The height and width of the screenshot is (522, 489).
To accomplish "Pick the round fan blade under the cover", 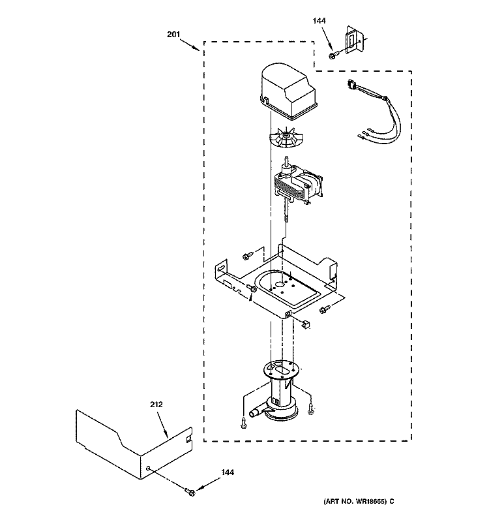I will click(288, 138).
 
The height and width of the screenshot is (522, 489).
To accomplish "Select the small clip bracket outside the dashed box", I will click(355, 42).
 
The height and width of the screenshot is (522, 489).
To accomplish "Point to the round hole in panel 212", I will click(149, 468).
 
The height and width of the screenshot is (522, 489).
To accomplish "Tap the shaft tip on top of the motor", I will click(287, 160).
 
